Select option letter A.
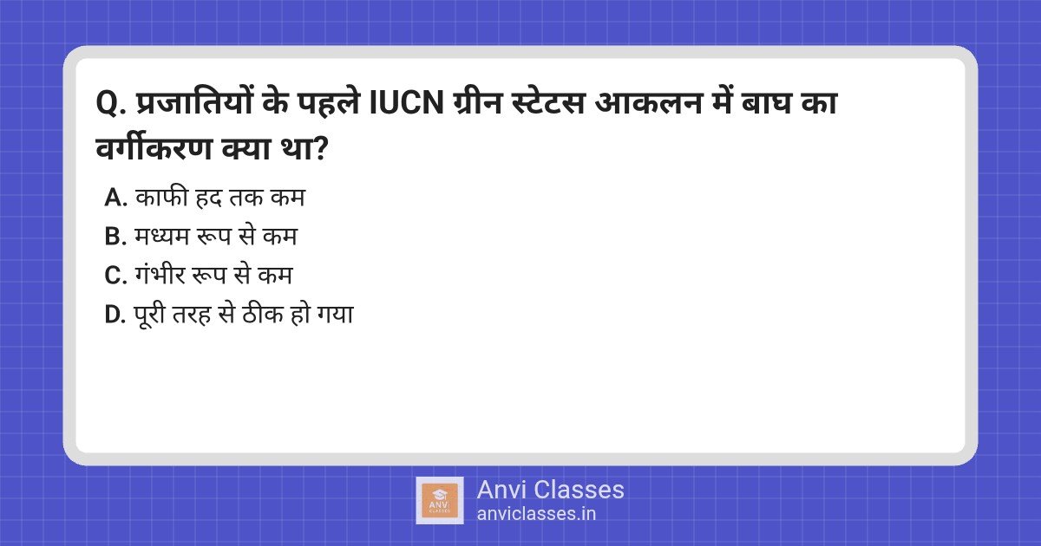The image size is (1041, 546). point(115,198)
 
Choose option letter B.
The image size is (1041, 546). point(115,237)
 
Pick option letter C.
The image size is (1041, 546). point(115,276)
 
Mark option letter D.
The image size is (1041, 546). point(115,315)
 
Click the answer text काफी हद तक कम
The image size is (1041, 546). point(220,198)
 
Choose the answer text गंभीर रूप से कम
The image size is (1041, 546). point(214,276)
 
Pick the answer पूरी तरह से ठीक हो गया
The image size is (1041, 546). point(244,315)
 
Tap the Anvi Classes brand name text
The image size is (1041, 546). point(550,490)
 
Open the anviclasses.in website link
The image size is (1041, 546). point(536,513)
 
